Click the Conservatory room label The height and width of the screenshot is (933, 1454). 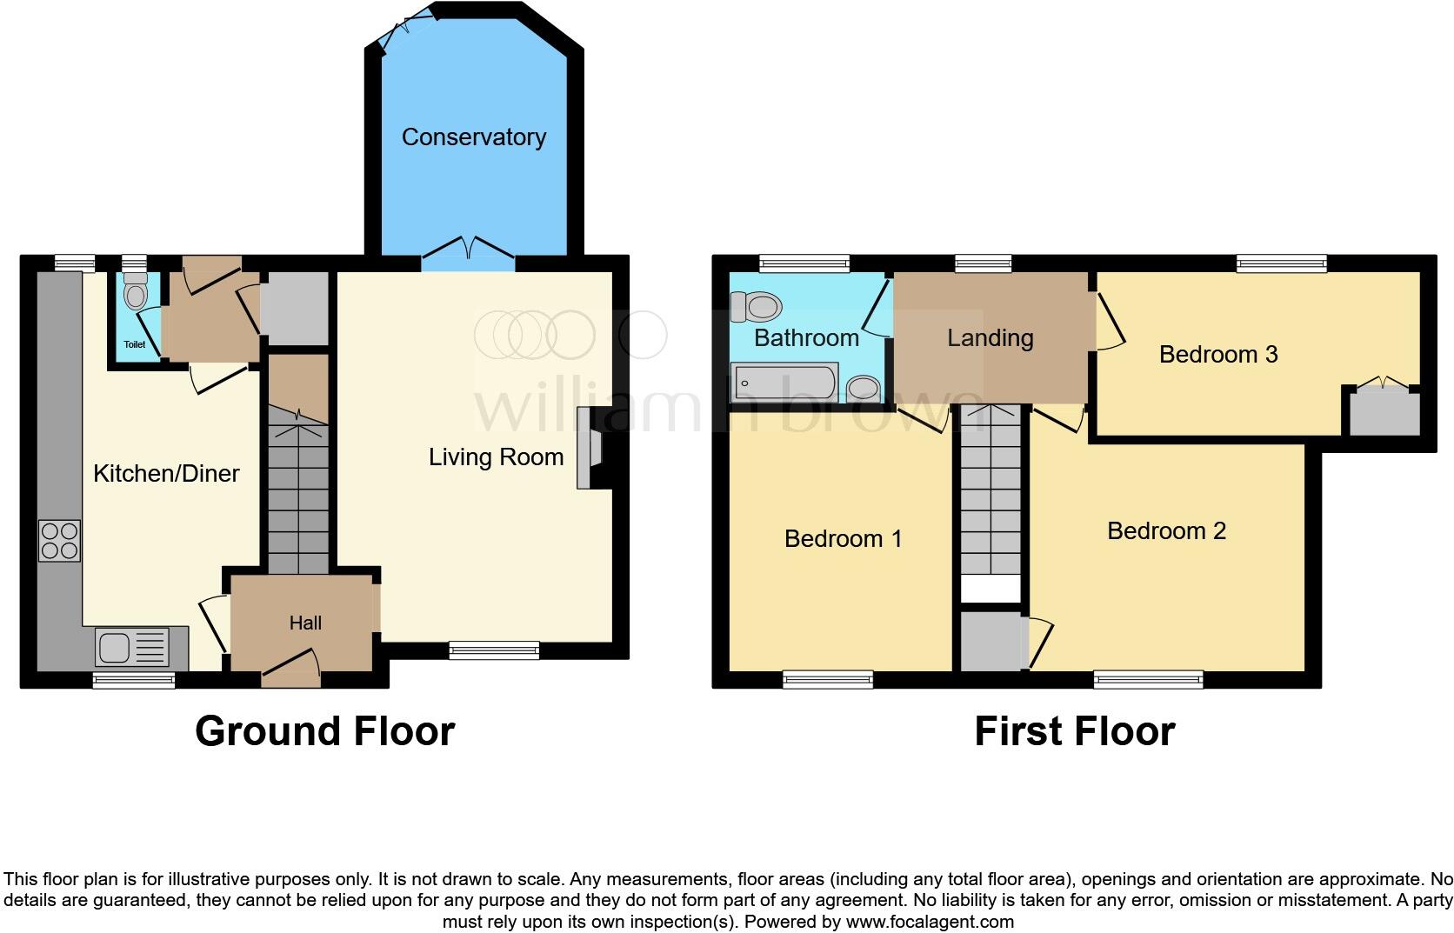tap(473, 137)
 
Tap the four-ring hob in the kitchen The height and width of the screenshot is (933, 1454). tap(59, 540)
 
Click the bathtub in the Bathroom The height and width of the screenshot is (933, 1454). tap(785, 382)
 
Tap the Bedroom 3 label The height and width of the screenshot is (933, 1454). tap(1217, 355)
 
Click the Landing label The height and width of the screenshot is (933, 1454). tap(990, 338)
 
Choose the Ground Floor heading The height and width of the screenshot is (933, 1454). tap(324, 731)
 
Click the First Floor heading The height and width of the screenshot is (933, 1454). tap(1074, 731)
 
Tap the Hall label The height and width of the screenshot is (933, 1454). tap(305, 623)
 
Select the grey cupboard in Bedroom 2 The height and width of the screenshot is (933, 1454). tap(990, 642)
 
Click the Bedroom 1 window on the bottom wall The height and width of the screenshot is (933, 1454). tap(827, 679)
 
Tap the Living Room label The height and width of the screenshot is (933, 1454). tap(496, 457)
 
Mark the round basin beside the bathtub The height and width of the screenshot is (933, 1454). tap(864, 387)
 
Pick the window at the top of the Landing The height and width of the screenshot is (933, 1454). tap(983, 263)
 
